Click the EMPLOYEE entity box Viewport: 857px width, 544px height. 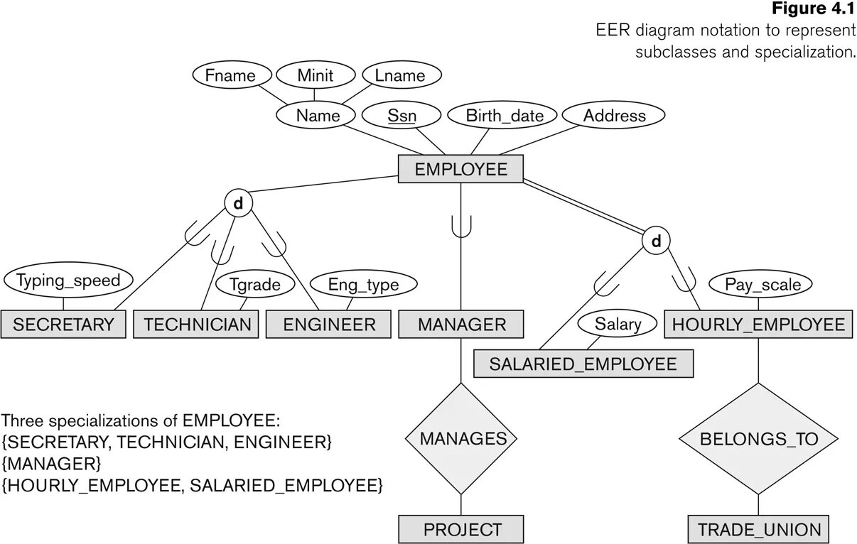point(460,169)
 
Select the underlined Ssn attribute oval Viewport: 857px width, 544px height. point(401,116)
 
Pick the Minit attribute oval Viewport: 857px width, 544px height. point(315,75)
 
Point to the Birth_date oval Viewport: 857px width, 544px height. point(504,116)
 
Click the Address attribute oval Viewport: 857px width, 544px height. point(614,116)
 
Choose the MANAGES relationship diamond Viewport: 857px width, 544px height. point(463,438)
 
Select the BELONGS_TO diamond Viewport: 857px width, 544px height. point(758,438)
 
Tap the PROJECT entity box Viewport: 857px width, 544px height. point(461,529)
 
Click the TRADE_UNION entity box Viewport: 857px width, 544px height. point(758,529)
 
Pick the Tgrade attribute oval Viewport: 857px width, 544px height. point(254,285)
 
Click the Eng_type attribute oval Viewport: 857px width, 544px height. point(362,285)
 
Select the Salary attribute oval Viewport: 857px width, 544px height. point(617,325)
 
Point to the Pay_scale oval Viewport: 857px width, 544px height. point(762,285)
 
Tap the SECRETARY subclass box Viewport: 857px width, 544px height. point(63,325)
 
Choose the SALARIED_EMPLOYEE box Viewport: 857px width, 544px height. point(583,364)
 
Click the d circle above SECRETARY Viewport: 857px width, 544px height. point(238,204)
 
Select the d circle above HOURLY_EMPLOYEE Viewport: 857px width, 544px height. point(655,242)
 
